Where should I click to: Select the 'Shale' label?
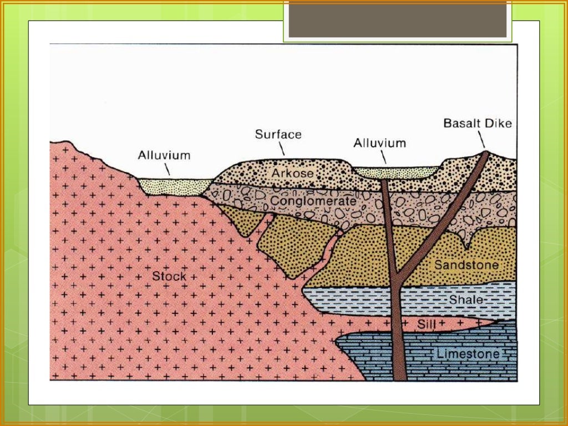tap(466, 300)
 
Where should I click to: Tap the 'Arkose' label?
tap(293, 173)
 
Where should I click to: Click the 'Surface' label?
tap(278, 134)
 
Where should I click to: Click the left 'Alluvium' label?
tap(164, 155)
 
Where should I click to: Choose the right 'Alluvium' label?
tap(379, 143)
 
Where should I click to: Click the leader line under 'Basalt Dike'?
tap(481, 139)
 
